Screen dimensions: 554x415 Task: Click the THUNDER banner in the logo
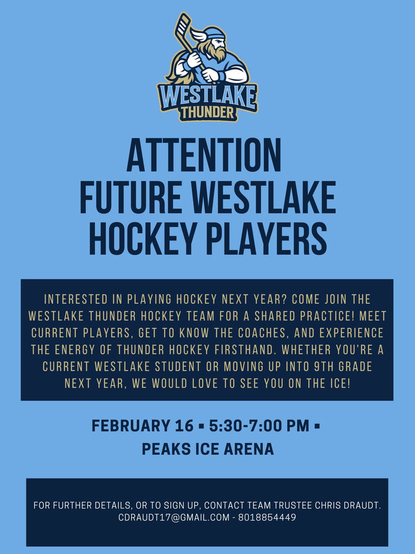[207, 113]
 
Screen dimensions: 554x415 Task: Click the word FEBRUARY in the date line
[126, 426]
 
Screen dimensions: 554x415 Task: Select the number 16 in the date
[182, 426]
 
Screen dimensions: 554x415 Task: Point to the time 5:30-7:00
[242, 426]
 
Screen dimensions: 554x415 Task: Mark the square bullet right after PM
[317, 426]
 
